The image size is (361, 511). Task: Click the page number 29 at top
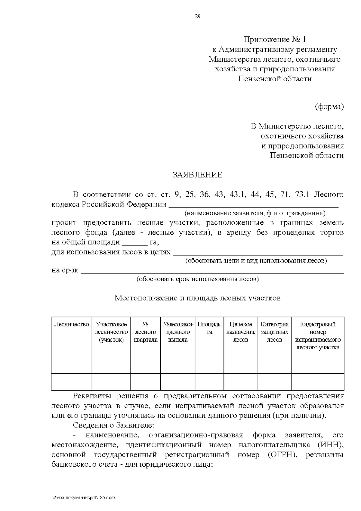pyautogui.click(x=197, y=17)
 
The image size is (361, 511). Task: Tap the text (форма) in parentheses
pyautogui.click(x=329, y=107)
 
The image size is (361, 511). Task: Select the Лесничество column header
pyautogui.click(x=72, y=324)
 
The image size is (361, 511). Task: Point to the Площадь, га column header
pyautogui.click(x=209, y=328)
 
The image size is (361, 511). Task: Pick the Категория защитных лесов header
pyautogui.click(x=274, y=332)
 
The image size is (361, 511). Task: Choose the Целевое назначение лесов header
pyautogui.click(x=241, y=332)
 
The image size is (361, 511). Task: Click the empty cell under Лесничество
pyautogui.click(x=72, y=382)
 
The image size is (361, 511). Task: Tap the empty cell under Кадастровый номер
pyautogui.click(x=318, y=382)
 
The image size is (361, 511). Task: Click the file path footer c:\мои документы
pyautogui.click(x=83, y=497)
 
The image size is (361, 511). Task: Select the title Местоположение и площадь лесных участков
pyautogui.click(x=197, y=298)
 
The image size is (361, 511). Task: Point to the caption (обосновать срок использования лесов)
pyautogui.click(x=197, y=279)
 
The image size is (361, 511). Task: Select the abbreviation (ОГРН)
pyautogui.click(x=282, y=455)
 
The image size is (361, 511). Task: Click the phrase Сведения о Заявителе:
pyautogui.click(x=113, y=425)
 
